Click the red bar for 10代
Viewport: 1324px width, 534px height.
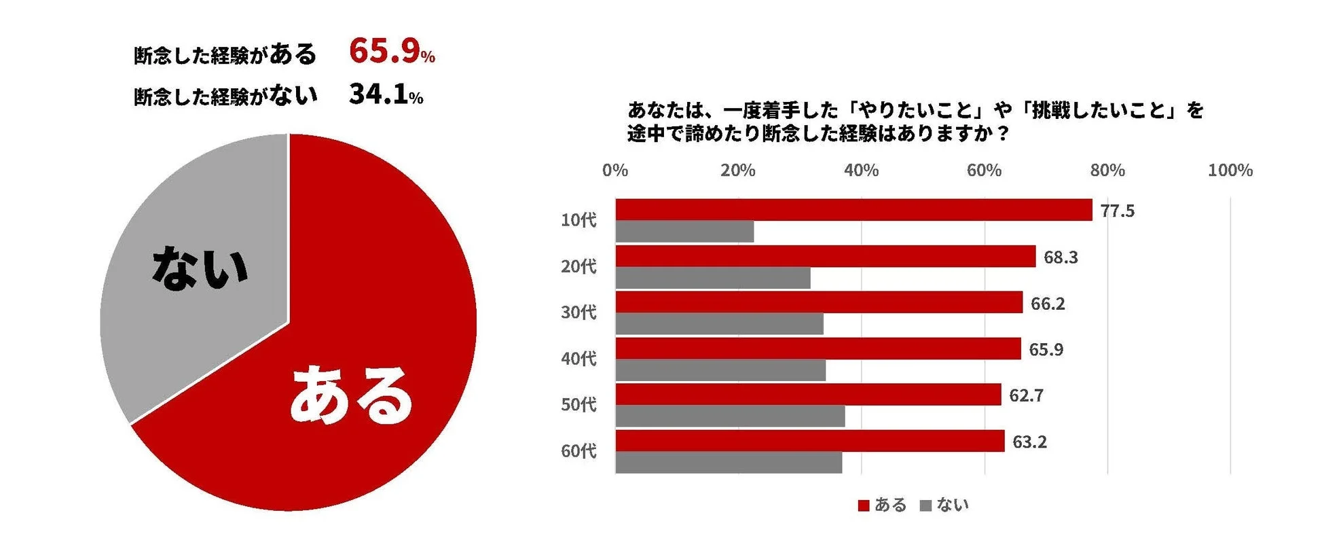(853, 210)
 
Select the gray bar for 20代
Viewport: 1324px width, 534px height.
(713, 278)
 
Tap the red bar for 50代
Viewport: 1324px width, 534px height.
(808, 395)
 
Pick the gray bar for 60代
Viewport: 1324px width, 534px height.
(729, 463)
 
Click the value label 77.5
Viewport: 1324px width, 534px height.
(1117, 211)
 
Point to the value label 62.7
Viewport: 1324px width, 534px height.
(1026, 395)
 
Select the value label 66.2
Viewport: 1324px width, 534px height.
(1047, 304)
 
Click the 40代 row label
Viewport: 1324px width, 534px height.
(578, 358)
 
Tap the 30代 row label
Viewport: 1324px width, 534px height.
(578, 312)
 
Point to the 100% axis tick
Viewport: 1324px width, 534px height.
(1230, 171)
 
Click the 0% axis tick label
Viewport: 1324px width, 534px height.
(615, 171)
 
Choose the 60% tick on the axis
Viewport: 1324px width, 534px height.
(984, 171)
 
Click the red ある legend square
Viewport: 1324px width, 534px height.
(864, 505)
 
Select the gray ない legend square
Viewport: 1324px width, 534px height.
(925, 505)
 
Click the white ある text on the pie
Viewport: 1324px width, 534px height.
(351, 395)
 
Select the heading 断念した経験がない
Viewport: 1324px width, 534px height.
(225, 96)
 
